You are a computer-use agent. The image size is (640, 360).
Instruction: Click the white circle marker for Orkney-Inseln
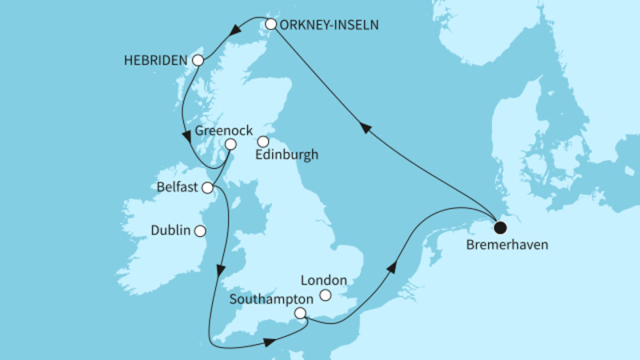pos(271,24)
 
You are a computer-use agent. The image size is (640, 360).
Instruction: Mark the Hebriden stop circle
pos(198,60)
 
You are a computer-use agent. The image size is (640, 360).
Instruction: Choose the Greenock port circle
pos(230,145)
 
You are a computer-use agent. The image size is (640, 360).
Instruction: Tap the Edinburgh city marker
pos(262,142)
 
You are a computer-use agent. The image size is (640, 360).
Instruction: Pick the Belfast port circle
pos(208,188)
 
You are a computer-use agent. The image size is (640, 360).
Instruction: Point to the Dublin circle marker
pos(199,230)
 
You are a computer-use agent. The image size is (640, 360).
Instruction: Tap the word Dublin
pos(170,230)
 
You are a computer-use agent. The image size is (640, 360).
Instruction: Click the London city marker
pos(326,296)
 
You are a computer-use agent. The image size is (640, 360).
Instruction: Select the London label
pos(323,280)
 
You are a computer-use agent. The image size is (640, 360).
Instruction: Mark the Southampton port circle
pos(300,314)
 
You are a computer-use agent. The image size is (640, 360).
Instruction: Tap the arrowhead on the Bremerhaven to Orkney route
pos(365,128)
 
